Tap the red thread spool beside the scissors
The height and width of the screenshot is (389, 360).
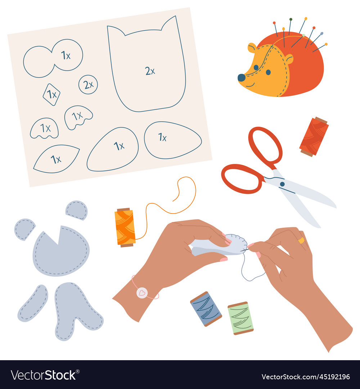(314, 137)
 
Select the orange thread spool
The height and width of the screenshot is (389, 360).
(125, 228)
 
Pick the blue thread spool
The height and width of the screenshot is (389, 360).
(206, 309)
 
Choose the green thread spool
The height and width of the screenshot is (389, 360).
(240, 318)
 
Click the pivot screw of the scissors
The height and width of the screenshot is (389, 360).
(282, 184)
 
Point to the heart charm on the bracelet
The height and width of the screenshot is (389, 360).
(142, 292)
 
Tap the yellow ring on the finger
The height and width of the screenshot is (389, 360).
(301, 240)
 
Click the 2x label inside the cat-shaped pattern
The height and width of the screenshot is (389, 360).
(150, 71)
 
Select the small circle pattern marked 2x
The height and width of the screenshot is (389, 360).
(88, 85)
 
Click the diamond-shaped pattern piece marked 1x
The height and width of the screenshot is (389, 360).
(51, 94)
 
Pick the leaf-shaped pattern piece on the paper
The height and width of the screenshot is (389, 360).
(56, 159)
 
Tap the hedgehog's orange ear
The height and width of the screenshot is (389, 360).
(252, 48)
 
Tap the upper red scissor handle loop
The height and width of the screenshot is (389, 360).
(265, 144)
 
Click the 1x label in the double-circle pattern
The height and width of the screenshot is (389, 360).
(66, 55)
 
